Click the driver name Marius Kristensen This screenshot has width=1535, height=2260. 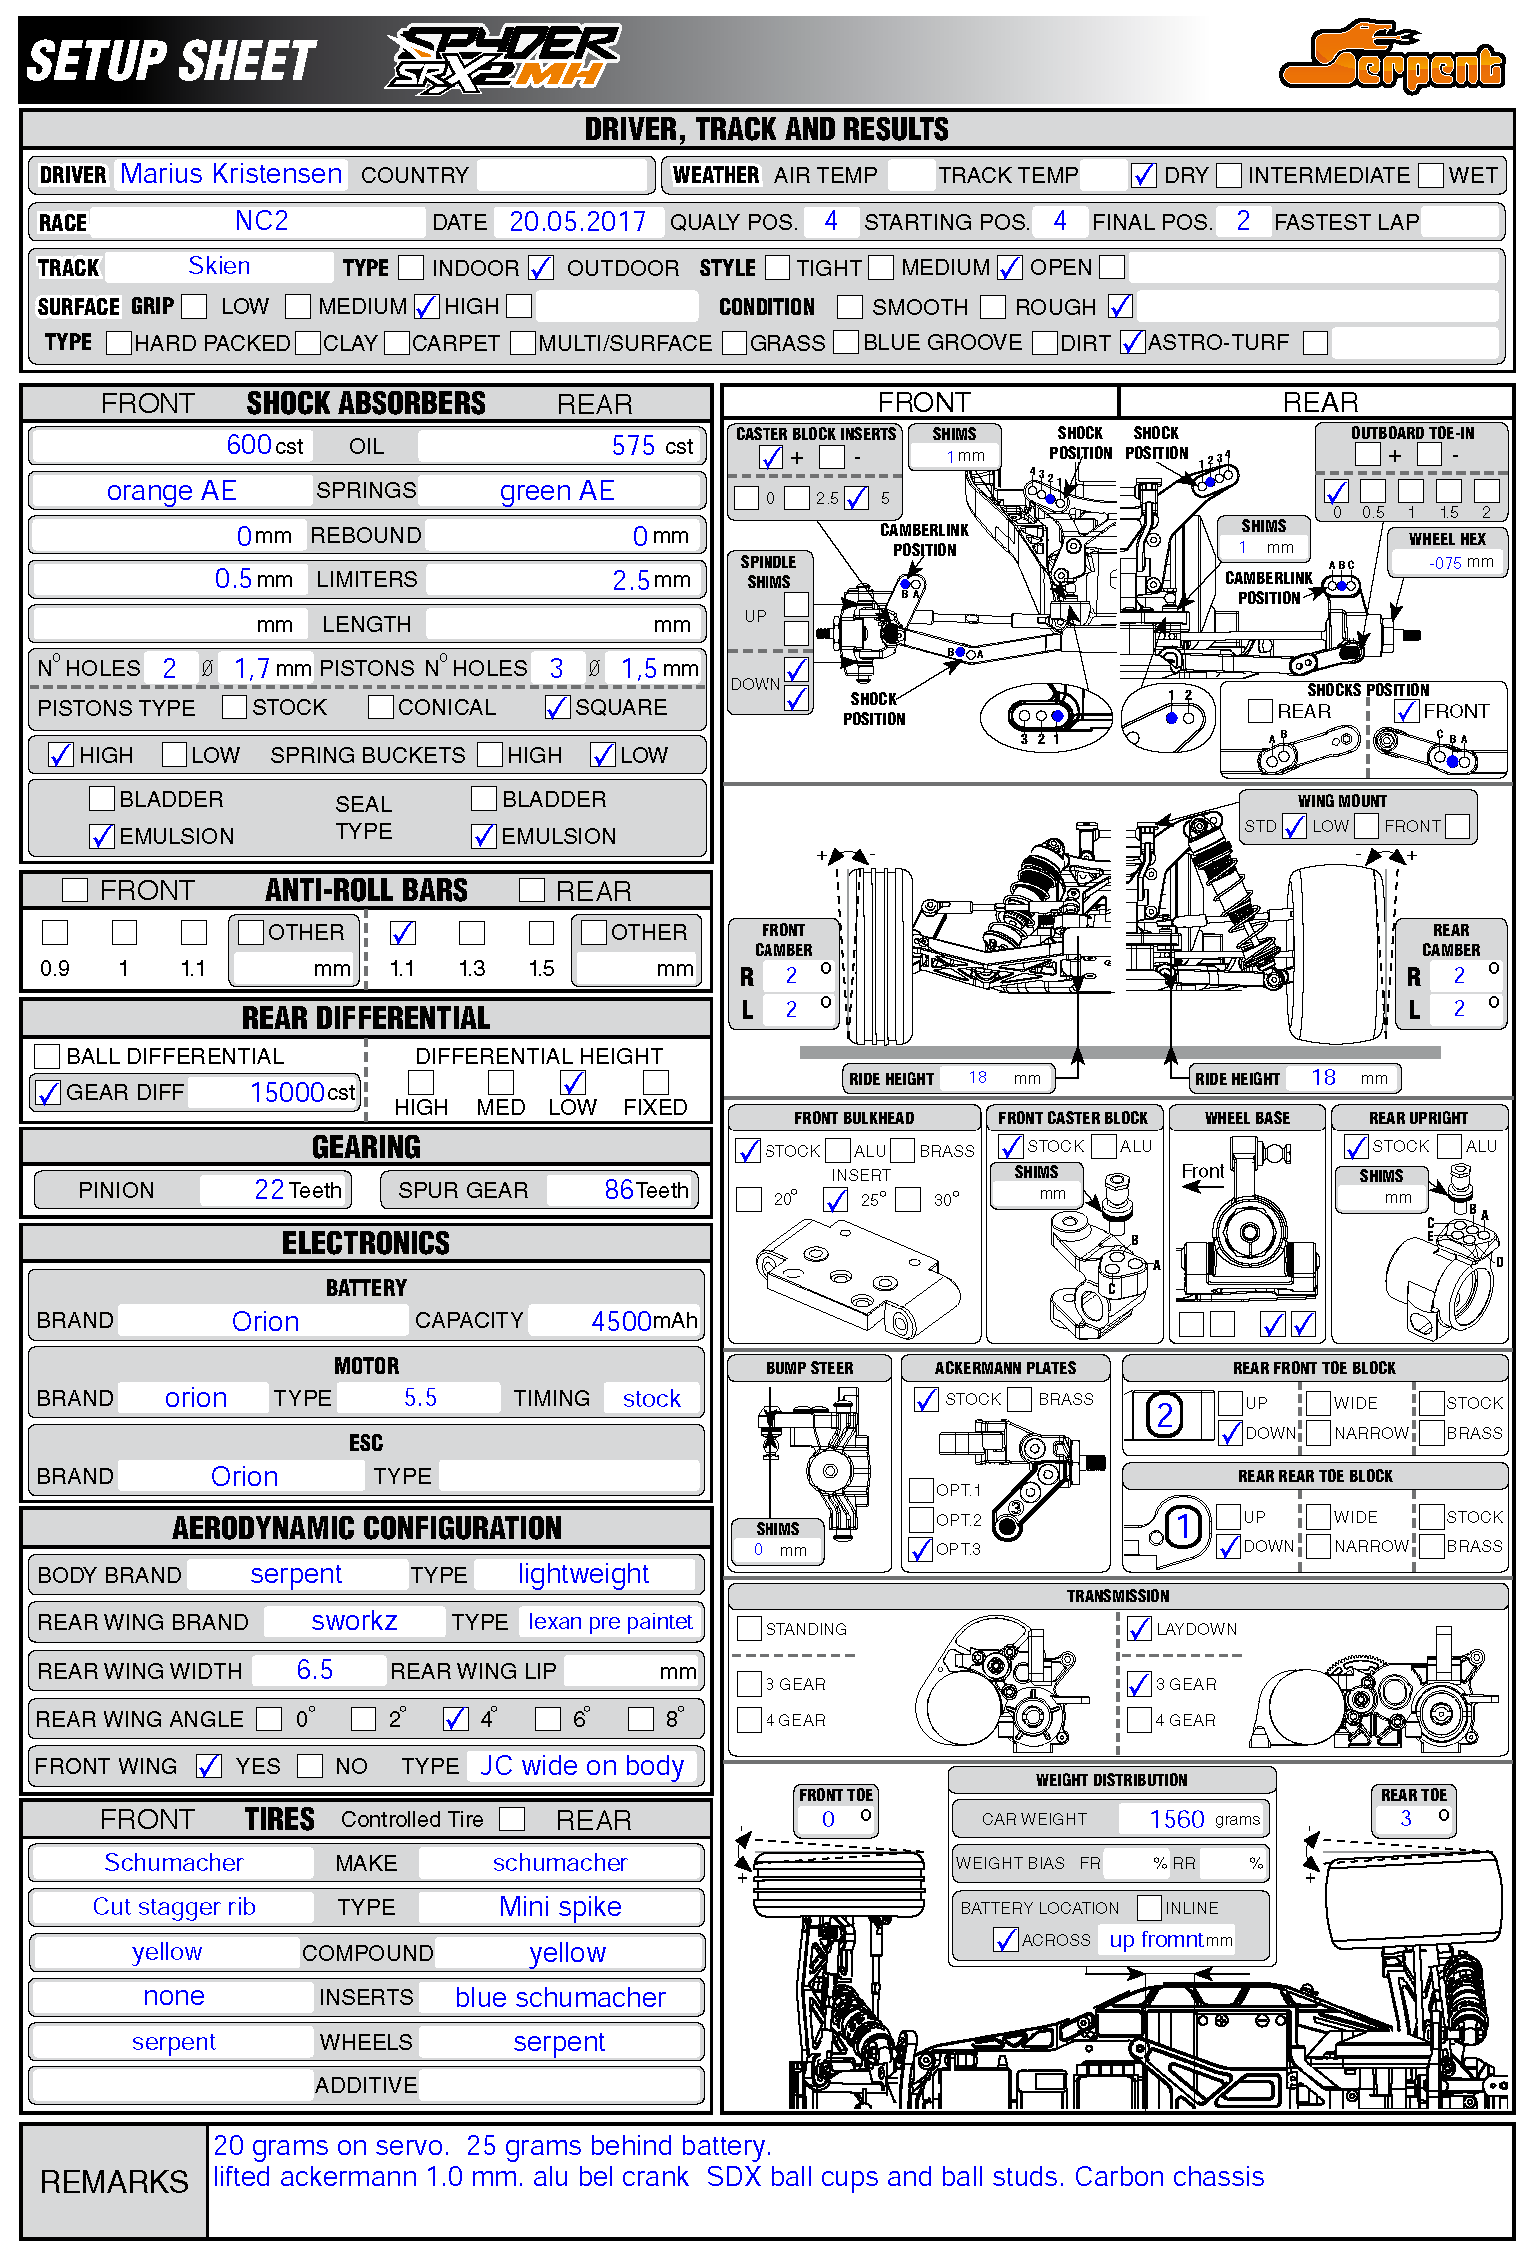point(231,174)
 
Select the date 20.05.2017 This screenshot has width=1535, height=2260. point(577,222)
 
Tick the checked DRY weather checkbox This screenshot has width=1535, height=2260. point(1143,176)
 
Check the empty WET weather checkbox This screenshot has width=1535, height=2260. point(1431,176)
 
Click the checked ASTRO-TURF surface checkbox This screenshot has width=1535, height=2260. point(1132,343)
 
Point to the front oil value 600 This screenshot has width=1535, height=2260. point(249,445)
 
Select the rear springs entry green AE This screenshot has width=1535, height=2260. point(557,491)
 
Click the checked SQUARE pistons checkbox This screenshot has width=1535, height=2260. point(557,708)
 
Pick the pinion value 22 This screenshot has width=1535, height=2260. point(270,1190)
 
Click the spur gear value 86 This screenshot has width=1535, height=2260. point(619,1190)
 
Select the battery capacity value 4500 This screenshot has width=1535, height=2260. point(622,1321)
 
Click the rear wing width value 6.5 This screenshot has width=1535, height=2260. point(314,1670)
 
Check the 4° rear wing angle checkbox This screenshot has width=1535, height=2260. point(456,1719)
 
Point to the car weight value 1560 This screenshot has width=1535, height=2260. point(1177,1819)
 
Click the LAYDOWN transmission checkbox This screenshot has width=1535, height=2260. point(1139,1629)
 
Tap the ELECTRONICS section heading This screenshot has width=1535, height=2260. point(366,1243)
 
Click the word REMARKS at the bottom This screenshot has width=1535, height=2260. point(114,2182)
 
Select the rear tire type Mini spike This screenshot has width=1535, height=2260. point(560,1907)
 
